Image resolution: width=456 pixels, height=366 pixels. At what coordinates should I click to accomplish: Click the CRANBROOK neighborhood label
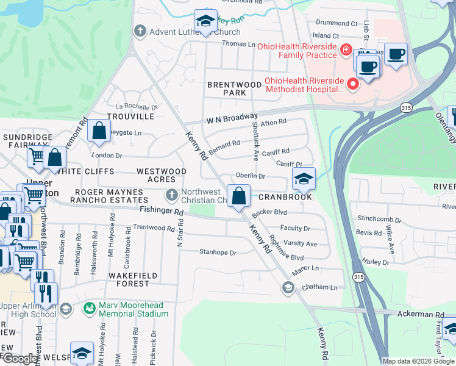coord(285,197)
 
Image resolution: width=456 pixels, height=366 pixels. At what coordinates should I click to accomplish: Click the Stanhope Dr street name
coord(217,252)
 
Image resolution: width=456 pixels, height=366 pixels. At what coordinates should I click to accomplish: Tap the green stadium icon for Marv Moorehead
coord(89,309)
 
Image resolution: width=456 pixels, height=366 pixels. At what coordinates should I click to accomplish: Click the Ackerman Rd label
coord(422,315)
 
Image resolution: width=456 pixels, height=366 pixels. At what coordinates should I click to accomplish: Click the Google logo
coord(20,358)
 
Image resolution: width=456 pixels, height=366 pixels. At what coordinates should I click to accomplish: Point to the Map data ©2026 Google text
coord(418,361)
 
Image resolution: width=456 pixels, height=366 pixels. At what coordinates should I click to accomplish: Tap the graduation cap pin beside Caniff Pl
coord(304,179)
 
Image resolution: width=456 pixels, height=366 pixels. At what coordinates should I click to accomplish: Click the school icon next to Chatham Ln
coord(288,287)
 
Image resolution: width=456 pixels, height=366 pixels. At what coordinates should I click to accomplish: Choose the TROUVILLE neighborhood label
coord(130,116)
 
